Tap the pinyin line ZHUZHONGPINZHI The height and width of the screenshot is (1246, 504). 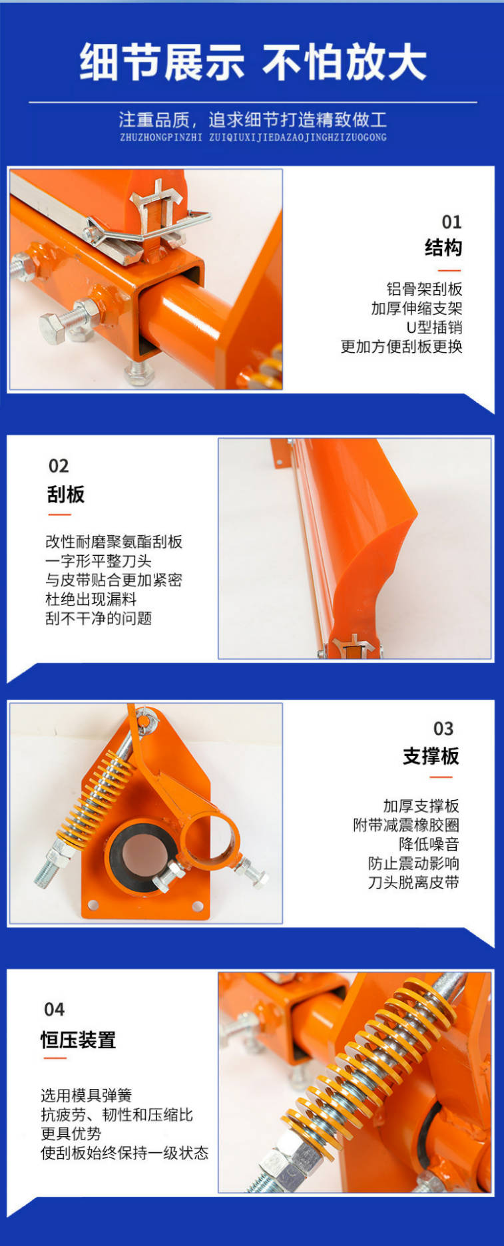click(x=161, y=137)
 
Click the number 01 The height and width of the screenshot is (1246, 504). click(x=451, y=222)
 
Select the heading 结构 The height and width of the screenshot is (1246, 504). click(x=443, y=248)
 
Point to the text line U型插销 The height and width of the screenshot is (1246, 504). click(x=434, y=327)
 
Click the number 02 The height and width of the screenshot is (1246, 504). click(x=59, y=466)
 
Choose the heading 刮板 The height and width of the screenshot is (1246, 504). click(x=66, y=494)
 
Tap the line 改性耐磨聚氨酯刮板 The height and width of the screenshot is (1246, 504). click(x=114, y=542)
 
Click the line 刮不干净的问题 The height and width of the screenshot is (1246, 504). click(x=99, y=618)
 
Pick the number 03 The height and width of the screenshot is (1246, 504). click(x=443, y=729)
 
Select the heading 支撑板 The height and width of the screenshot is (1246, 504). click(x=431, y=756)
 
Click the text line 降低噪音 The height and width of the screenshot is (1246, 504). click(x=429, y=844)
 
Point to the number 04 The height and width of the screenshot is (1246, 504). click(x=54, y=1010)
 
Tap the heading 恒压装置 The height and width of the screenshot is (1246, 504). click(x=79, y=1040)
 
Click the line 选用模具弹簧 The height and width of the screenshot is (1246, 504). click(x=87, y=1096)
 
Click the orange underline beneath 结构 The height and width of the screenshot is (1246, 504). click(x=449, y=270)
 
